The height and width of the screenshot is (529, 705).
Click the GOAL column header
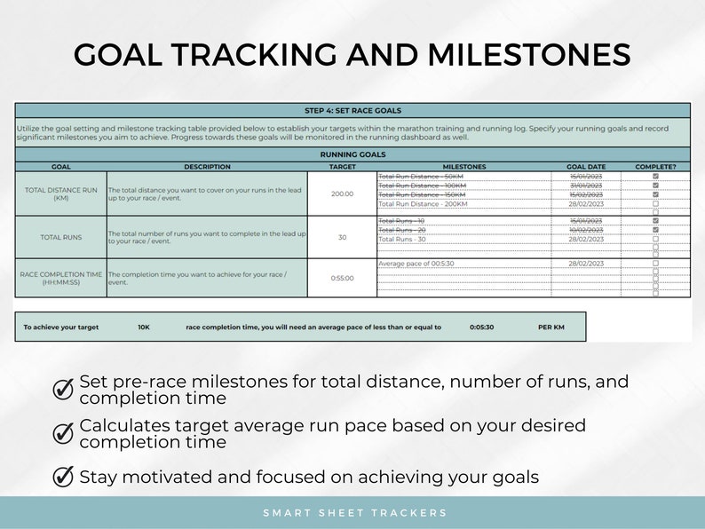(x=61, y=166)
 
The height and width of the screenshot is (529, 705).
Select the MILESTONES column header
(x=463, y=166)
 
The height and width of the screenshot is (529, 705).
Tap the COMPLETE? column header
(x=655, y=166)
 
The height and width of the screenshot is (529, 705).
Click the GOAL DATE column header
(x=585, y=166)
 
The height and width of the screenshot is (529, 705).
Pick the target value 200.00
(x=342, y=193)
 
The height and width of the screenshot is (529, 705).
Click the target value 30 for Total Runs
(x=342, y=238)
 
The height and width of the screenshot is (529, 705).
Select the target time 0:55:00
(x=342, y=278)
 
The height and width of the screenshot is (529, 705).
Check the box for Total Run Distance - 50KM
(x=655, y=177)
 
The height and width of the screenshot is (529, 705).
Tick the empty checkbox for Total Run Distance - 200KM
(x=655, y=203)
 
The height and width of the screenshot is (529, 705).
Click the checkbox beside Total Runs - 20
(x=655, y=230)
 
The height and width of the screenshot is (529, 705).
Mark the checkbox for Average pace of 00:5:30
(x=655, y=264)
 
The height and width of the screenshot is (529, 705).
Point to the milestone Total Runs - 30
(x=402, y=239)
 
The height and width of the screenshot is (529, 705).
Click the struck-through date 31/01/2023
(x=585, y=186)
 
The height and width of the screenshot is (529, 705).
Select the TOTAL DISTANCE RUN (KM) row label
(x=61, y=193)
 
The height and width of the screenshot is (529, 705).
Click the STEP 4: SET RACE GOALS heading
(x=352, y=111)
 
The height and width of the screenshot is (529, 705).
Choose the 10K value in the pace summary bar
(x=144, y=327)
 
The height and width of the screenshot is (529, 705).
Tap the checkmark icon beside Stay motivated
(x=64, y=477)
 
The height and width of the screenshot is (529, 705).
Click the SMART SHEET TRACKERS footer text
(x=355, y=513)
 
